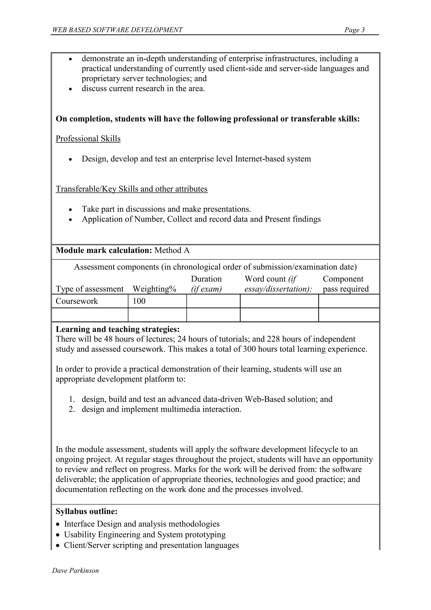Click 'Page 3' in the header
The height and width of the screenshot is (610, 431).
(354, 30)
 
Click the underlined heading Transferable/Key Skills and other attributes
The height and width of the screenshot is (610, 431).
(131, 189)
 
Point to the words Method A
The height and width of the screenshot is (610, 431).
(172, 250)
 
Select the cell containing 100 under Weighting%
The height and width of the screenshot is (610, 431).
(139, 301)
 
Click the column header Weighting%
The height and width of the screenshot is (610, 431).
(154, 289)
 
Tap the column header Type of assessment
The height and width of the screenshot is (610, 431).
(89, 289)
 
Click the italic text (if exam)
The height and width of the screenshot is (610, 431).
(206, 289)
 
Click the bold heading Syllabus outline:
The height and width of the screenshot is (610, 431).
(86, 511)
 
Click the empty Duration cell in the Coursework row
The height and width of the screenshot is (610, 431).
(213, 301)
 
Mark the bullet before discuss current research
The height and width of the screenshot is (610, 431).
(70, 89)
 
